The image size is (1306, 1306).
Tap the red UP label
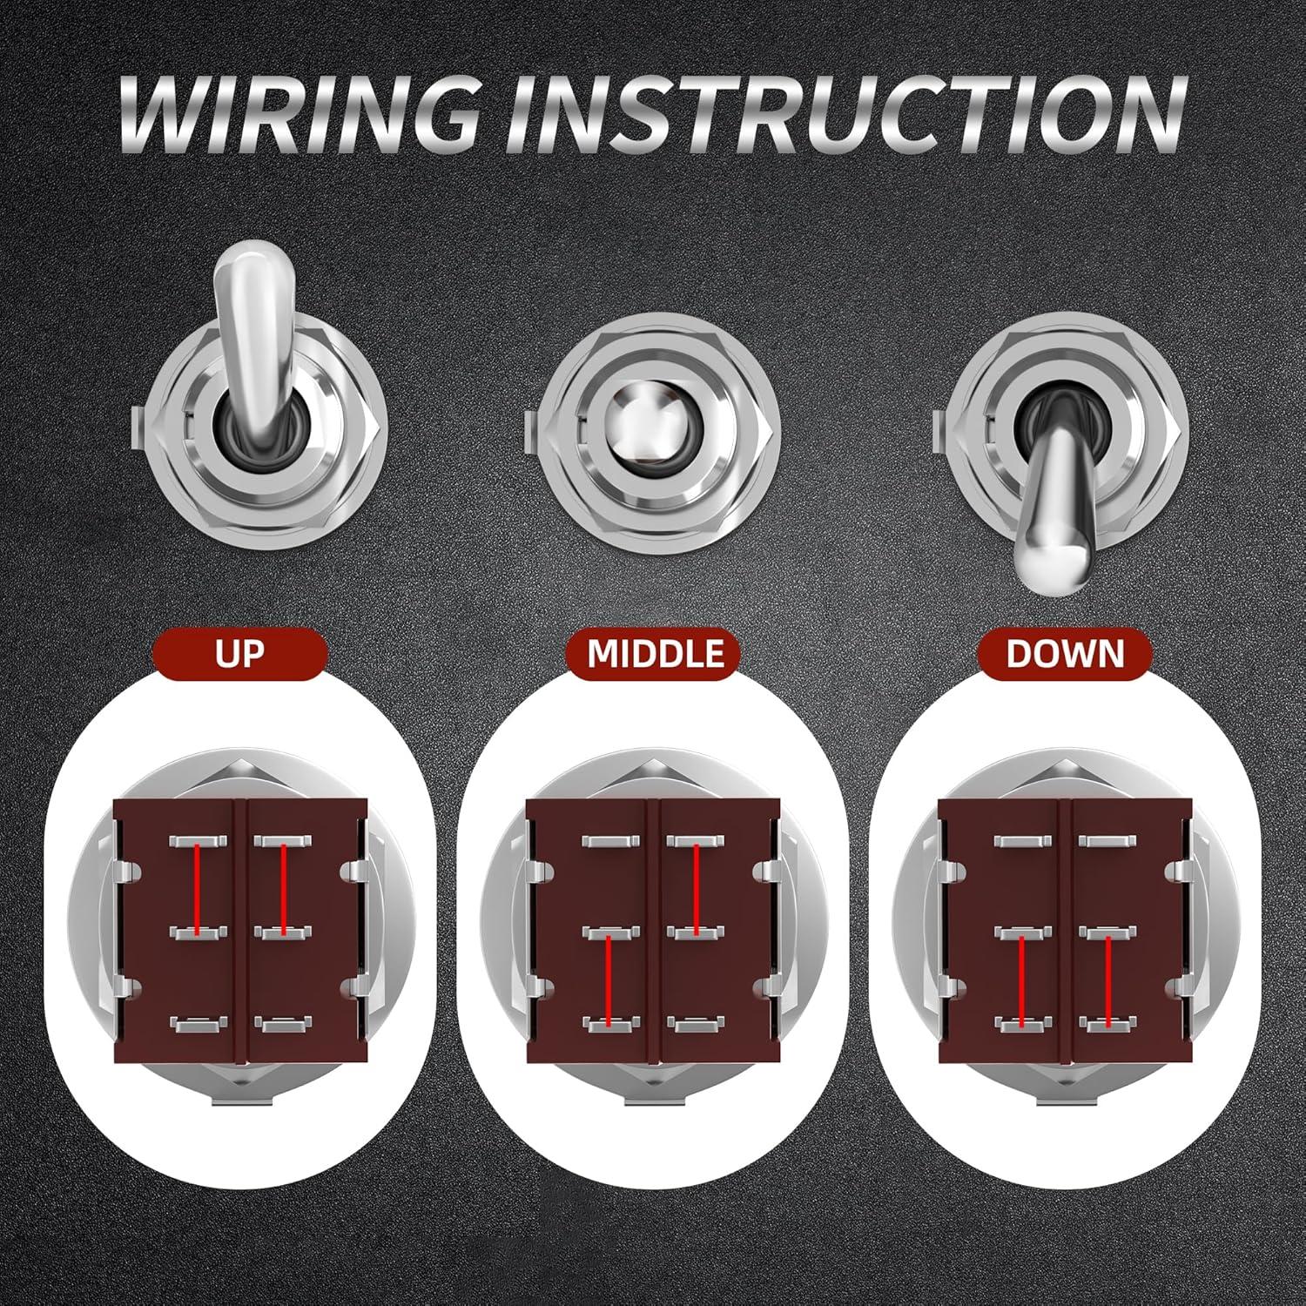239,653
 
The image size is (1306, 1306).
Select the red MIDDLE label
656,653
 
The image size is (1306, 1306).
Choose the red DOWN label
1065,653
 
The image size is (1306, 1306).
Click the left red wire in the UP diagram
199,888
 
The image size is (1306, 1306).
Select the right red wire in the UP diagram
284,888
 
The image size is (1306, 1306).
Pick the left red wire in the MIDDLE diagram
610,979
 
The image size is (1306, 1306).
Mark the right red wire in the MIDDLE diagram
697,888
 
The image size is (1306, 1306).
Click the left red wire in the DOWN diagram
1020,979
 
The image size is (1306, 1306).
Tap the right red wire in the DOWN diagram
1107,979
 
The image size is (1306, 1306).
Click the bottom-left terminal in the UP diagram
199,1025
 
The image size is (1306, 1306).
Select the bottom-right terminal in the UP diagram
284,1025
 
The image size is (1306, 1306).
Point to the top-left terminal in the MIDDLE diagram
610,842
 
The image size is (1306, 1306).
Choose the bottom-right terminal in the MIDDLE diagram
697,1025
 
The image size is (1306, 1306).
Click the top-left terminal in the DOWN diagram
1020,842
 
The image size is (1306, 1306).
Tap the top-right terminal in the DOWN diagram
1107,842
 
